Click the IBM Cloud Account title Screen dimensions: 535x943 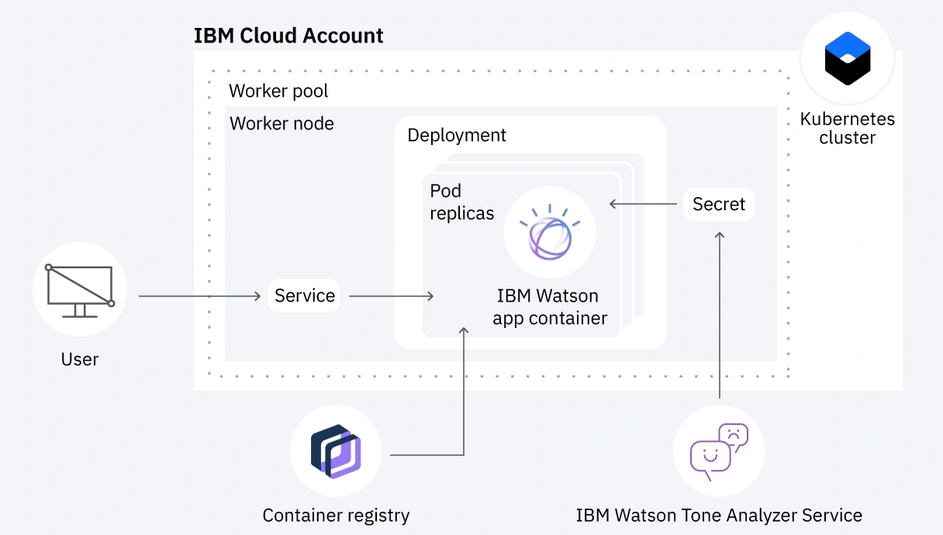tap(288, 36)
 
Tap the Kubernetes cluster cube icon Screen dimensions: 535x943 tap(847, 58)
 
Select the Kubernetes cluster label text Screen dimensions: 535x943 tap(847, 129)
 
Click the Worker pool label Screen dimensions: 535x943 tap(278, 91)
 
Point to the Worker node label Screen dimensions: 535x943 tap(282, 123)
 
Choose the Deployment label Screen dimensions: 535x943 tap(456, 135)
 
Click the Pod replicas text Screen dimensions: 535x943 tap(461, 202)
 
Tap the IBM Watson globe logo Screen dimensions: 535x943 tap(549, 232)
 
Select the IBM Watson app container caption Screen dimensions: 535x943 tap(549, 307)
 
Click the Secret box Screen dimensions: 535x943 tap(718, 204)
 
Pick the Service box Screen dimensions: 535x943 tap(304, 295)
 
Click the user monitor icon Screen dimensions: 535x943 tap(79, 288)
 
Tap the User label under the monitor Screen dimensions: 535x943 tap(80, 359)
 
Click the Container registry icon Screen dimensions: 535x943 tap(336, 450)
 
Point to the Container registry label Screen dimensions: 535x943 tap(336, 515)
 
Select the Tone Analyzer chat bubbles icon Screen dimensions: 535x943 tap(719, 451)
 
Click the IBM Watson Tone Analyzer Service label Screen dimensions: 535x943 tap(719, 515)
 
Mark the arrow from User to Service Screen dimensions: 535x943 tap(200, 296)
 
